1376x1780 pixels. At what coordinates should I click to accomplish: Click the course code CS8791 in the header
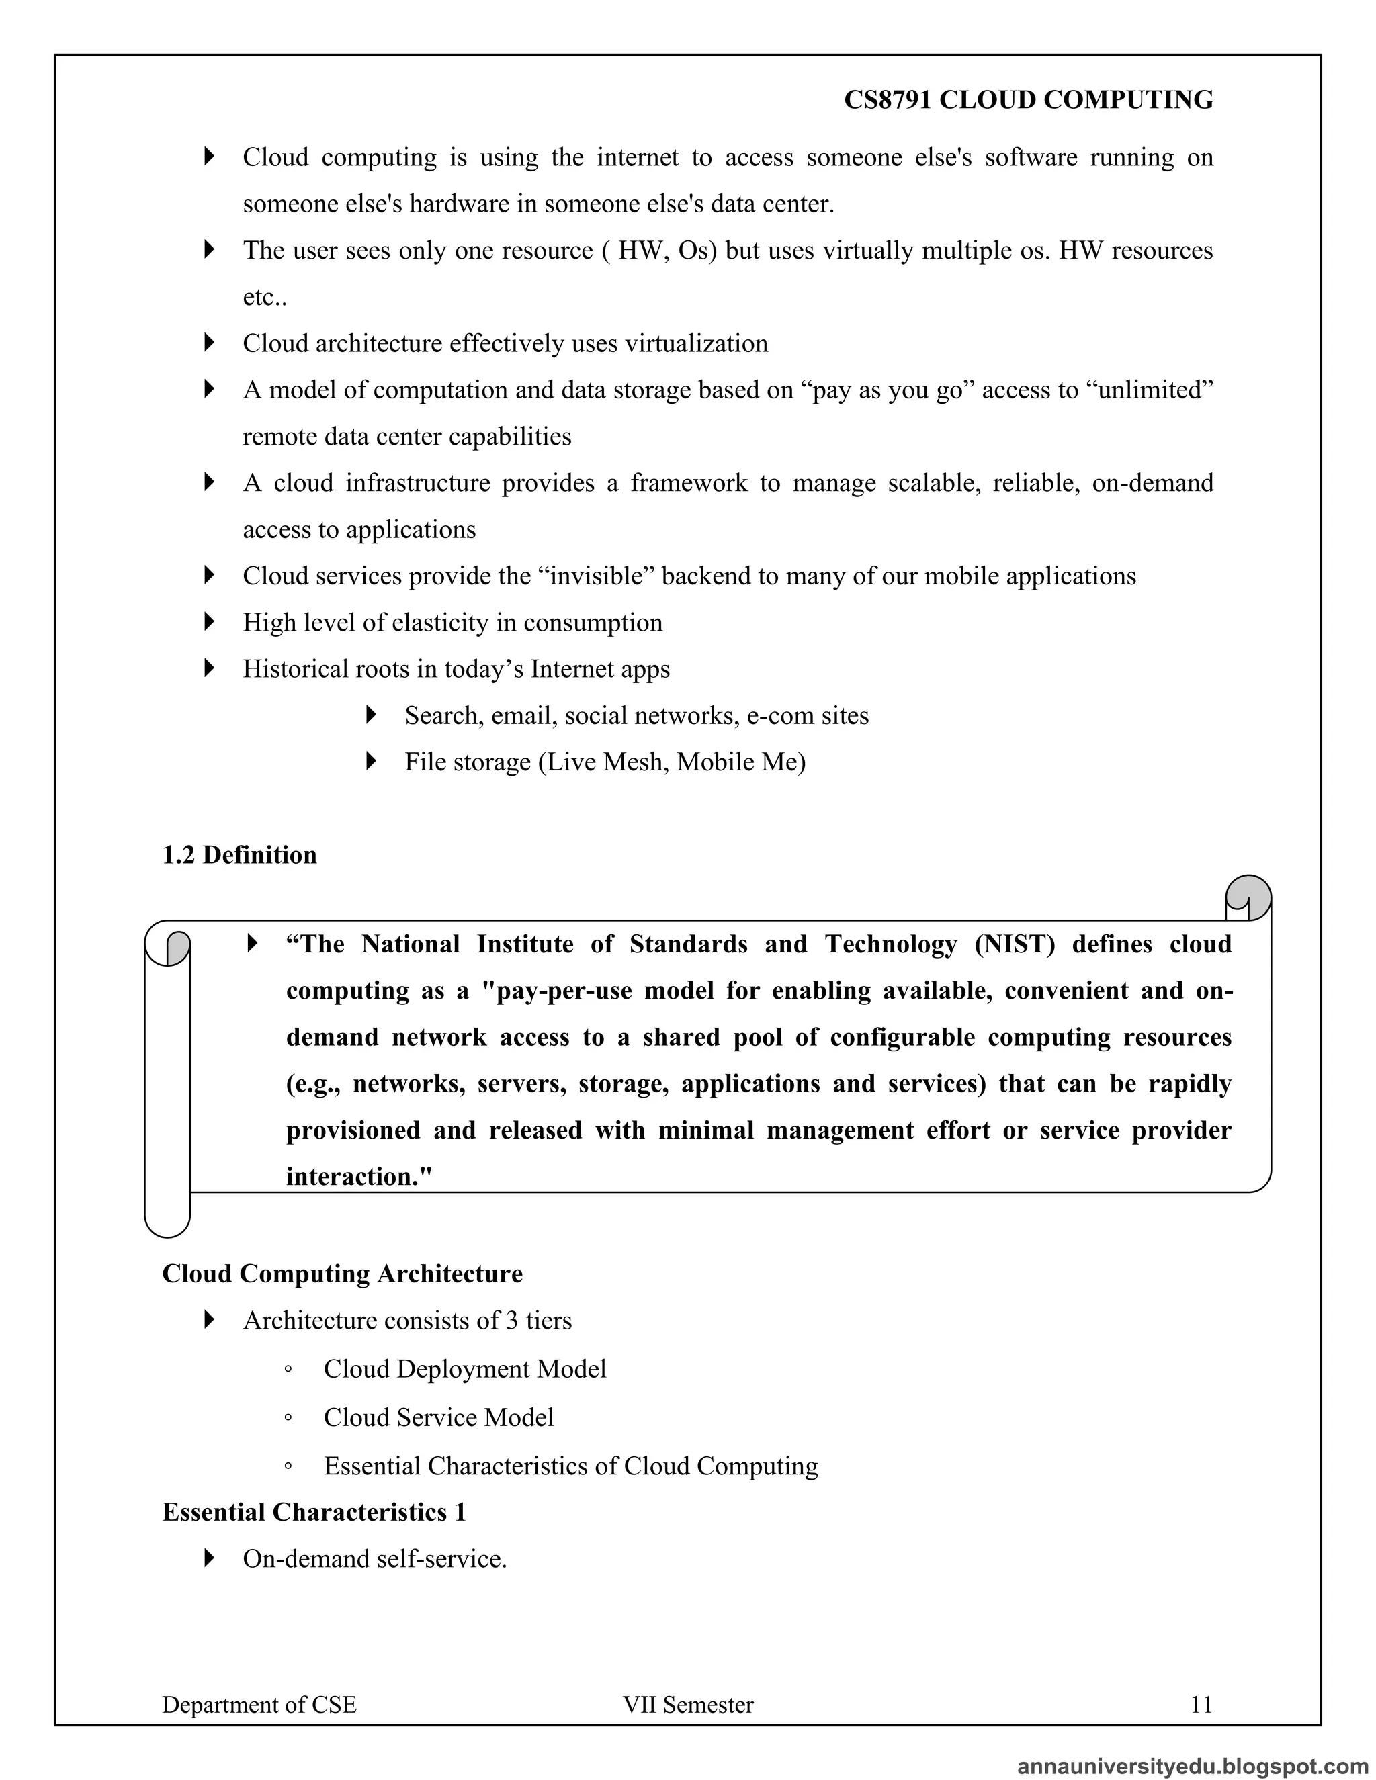click(888, 100)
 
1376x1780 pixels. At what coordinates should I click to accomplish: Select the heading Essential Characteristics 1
click(314, 1512)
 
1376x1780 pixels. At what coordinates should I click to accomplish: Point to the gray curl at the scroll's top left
click(177, 947)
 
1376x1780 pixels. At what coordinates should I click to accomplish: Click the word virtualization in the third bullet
click(696, 343)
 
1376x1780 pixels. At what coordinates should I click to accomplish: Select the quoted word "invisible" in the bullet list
click(597, 576)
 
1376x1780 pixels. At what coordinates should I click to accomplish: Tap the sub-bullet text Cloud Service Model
click(438, 1417)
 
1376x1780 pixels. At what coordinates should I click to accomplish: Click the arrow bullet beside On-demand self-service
click(210, 1558)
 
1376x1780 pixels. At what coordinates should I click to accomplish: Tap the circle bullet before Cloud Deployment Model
click(288, 1370)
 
